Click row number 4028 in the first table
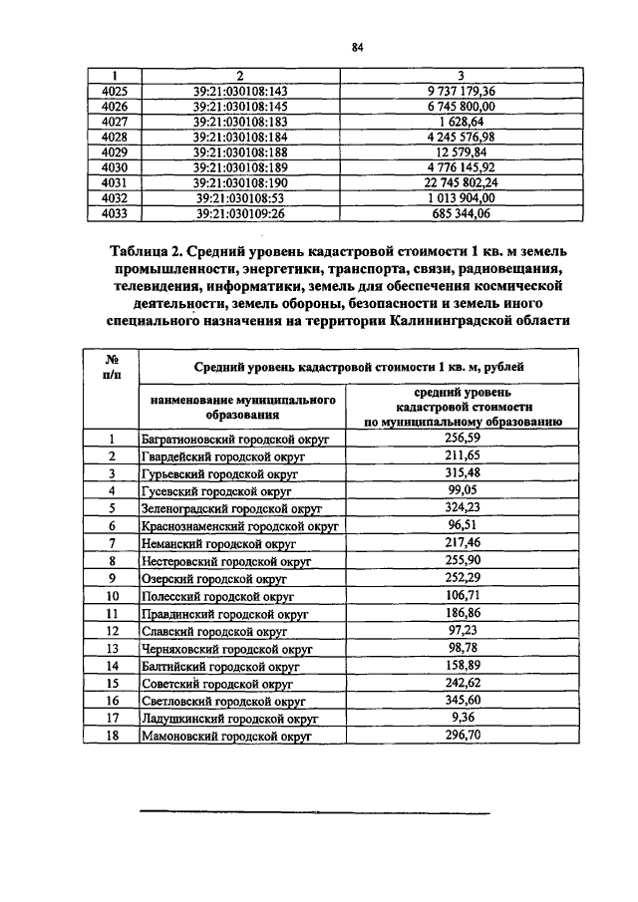point(115,137)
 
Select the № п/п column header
point(113,368)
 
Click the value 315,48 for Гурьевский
point(459,473)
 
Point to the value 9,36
point(459,718)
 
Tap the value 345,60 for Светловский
point(459,701)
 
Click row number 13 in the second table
point(113,648)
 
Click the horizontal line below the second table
point(314,813)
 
